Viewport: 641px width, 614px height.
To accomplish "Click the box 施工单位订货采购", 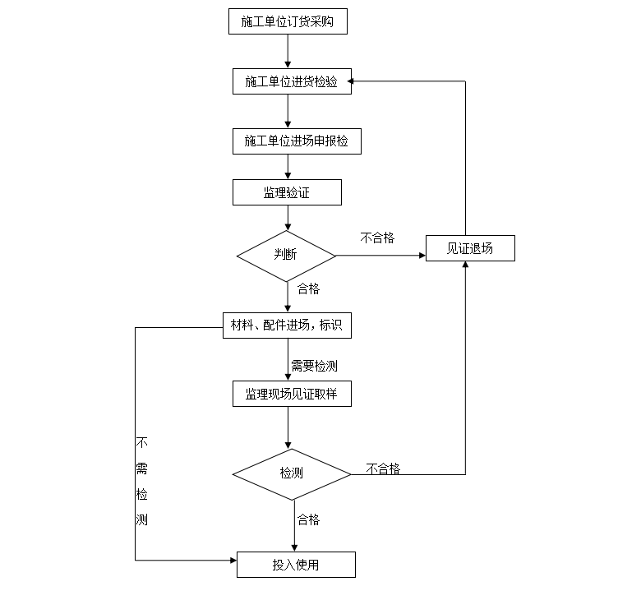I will [x=288, y=22].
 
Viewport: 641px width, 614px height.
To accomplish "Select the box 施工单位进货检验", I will [x=292, y=81].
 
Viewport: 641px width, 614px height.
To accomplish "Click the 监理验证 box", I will [x=287, y=192].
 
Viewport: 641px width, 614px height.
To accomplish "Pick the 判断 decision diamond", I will [x=287, y=256].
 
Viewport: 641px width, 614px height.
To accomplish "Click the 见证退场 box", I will [x=470, y=248].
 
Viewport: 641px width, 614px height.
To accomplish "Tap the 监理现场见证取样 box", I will [x=292, y=394].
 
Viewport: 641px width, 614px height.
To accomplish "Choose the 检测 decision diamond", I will [x=292, y=473].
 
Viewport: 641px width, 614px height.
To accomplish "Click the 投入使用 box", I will [x=296, y=565].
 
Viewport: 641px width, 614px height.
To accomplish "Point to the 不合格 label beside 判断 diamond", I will [x=377, y=238].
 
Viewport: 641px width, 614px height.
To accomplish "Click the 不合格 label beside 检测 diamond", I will [x=383, y=469].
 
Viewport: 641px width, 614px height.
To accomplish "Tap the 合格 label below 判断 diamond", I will [x=308, y=289].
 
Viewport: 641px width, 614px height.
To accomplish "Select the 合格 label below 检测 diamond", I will [x=308, y=519].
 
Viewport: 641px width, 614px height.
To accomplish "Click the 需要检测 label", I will [x=314, y=366].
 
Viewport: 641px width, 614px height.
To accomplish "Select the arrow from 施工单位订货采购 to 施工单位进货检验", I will [x=288, y=51].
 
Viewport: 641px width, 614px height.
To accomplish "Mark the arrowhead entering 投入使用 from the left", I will [x=233, y=561].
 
